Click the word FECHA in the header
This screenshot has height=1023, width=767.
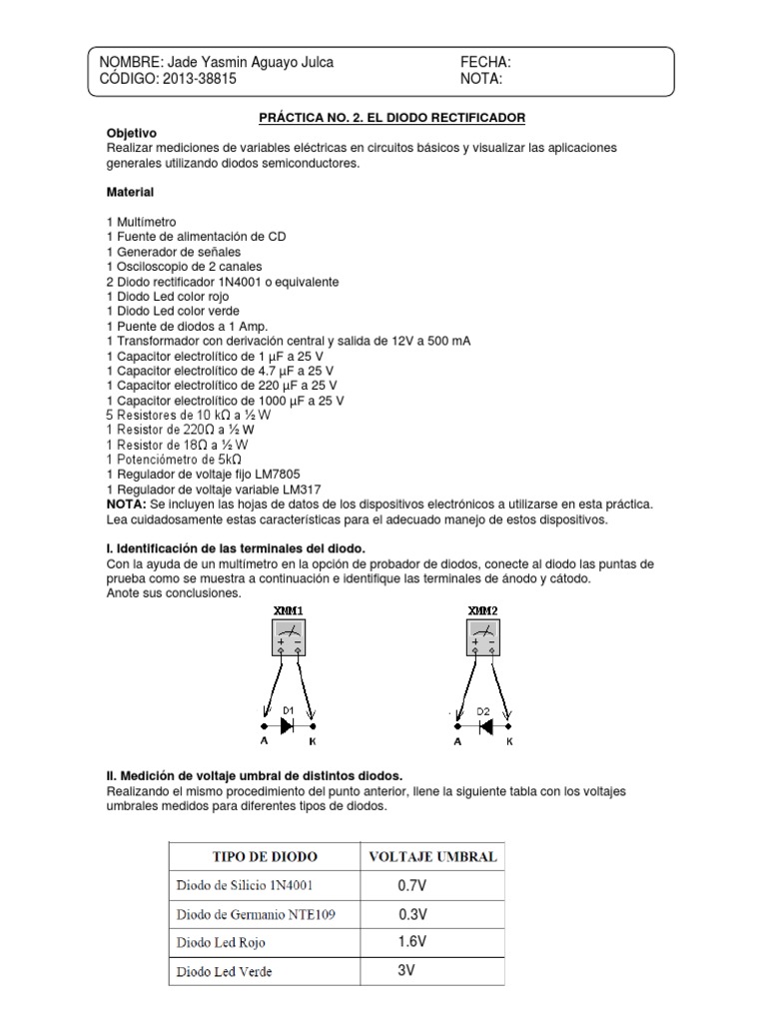[x=485, y=62]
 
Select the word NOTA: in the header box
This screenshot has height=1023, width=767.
[x=481, y=79]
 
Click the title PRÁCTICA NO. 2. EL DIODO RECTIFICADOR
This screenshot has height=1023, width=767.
[x=391, y=118]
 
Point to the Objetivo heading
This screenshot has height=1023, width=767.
[x=131, y=133]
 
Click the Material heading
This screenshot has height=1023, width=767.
[x=130, y=190]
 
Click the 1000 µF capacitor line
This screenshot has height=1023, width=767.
[x=225, y=400]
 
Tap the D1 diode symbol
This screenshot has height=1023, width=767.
[x=288, y=726]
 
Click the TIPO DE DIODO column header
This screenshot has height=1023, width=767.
[x=263, y=857]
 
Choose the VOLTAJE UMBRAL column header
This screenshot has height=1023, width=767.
[x=432, y=857]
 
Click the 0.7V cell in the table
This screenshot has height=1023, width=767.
[x=411, y=885]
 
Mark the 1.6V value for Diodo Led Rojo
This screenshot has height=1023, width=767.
[x=410, y=941]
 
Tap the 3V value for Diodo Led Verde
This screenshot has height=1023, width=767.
[x=405, y=969]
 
